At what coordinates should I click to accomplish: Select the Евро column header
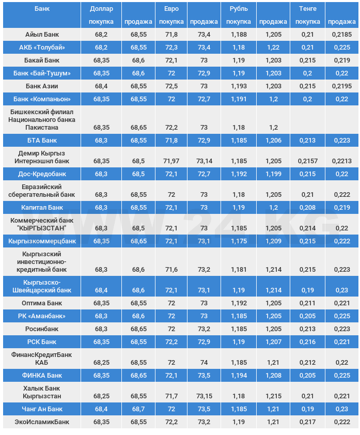pyautogui.click(x=171, y=9)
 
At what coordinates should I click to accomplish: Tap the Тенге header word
pyautogui.click(x=307, y=9)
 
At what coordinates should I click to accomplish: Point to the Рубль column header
pyautogui.click(x=239, y=9)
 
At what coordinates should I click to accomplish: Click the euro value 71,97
pyautogui.click(x=171, y=161)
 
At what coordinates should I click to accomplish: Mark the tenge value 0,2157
pyautogui.click(x=308, y=161)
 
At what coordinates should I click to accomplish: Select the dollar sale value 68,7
pyautogui.click(x=138, y=409)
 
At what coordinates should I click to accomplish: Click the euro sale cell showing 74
pyautogui.click(x=204, y=363)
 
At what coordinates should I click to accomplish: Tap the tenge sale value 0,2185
pyautogui.click(x=341, y=35)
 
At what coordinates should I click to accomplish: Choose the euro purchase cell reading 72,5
pyautogui.click(x=171, y=86)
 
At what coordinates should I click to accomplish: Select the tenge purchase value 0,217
pyautogui.click(x=308, y=422)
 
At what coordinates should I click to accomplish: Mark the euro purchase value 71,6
pyautogui.click(x=171, y=270)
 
